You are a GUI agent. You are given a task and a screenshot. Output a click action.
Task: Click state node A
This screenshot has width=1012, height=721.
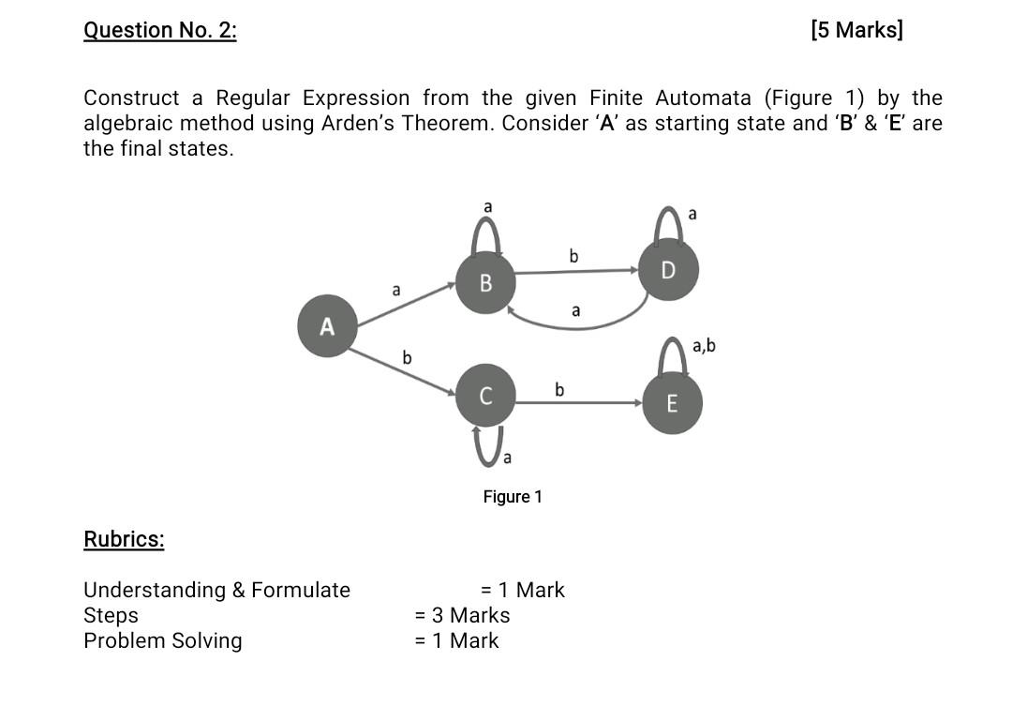(x=327, y=326)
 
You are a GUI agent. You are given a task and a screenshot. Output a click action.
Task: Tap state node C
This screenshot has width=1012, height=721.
(x=485, y=396)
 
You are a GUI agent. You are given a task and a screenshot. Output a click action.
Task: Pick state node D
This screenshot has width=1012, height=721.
(x=667, y=270)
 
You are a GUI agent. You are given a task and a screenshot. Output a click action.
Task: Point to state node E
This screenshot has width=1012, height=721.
(x=671, y=404)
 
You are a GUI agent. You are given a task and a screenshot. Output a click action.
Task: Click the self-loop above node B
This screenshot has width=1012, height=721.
(x=485, y=232)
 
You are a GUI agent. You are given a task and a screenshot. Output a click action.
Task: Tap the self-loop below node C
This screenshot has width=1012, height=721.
(x=487, y=445)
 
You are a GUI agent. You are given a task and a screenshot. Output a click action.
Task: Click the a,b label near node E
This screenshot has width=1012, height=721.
(x=704, y=346)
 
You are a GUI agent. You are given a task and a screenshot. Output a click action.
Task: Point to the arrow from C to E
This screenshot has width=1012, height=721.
(x=577, y=403)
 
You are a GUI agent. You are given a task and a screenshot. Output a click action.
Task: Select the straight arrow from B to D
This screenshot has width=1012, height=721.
(x=575, y=272)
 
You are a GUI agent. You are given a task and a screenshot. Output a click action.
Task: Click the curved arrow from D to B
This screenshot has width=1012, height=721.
(x=581, y=324)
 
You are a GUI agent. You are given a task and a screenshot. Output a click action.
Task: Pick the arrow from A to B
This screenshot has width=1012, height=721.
(x=406, y=306)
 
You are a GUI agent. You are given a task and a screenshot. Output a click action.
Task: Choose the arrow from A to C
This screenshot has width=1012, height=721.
(x=403, y=370)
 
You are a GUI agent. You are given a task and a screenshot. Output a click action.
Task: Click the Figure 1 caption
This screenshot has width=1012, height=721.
(x=513, y=496)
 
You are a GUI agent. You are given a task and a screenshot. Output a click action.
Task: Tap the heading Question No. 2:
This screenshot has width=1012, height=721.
(x=160, y=30)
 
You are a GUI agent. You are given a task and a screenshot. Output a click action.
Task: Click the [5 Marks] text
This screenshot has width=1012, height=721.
(x=857, y=30)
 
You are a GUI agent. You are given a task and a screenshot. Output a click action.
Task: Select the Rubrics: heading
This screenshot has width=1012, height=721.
(x=124, y=539)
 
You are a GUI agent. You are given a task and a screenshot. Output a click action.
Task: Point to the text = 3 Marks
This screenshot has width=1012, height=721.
(x=463, y=615)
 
